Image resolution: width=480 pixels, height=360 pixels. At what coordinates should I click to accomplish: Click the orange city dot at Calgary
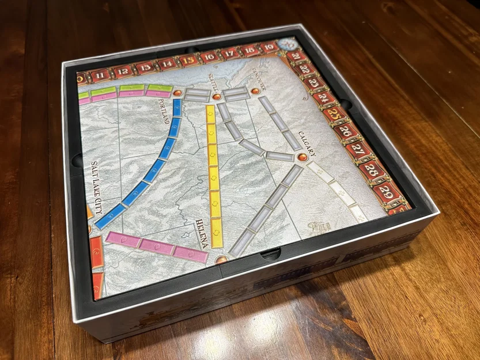(301, 157)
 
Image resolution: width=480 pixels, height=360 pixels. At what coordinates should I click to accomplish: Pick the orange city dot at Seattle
(217, 96)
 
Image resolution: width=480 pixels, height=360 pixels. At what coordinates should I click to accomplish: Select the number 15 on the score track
(188, 59)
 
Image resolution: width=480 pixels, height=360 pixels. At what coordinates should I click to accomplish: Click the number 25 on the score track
(335, 113)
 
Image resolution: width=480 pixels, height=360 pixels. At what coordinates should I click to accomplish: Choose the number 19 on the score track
(269, 48)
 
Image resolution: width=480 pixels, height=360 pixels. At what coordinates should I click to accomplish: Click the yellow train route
(213, 173)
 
